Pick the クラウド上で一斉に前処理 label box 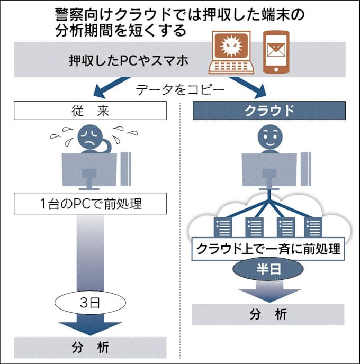click(268, 249)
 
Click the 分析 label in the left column click(89, 348)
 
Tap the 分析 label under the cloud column click(268, 314)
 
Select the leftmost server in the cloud click(221, 227)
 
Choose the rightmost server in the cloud click(312, 227)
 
